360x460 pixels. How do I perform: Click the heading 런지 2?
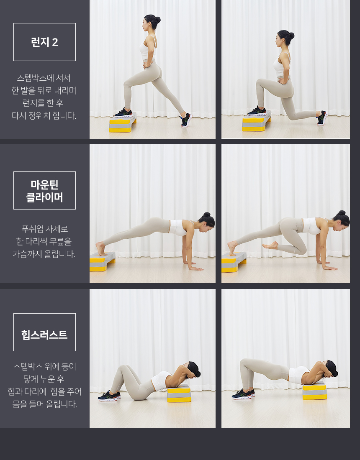[44, 42]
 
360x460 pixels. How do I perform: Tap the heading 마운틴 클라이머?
[44, 191]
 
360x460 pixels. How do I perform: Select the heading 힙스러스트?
[44, 335]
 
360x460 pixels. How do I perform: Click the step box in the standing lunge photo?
[123, 124]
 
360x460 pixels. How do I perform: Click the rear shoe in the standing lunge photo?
[186, 120]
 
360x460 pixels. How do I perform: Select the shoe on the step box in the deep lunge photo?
[257, 111]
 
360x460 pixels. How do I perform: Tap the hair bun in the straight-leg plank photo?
[207, 215]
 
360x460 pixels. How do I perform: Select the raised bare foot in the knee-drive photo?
[270, 245]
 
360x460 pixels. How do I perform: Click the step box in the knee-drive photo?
[234, 262]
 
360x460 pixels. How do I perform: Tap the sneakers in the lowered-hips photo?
[109, 396]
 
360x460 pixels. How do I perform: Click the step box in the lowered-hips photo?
[179, 393]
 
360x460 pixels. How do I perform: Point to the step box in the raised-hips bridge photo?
[315, 391]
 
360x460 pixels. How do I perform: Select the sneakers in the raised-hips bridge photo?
[243, 394]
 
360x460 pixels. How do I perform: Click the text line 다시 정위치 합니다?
[44, 115]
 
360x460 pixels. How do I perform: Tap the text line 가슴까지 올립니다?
[44, 254]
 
